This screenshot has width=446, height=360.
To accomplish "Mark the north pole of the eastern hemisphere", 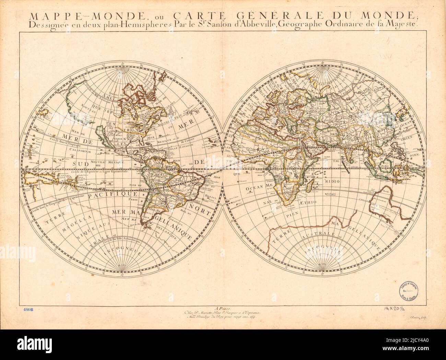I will tap(322, 68).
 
